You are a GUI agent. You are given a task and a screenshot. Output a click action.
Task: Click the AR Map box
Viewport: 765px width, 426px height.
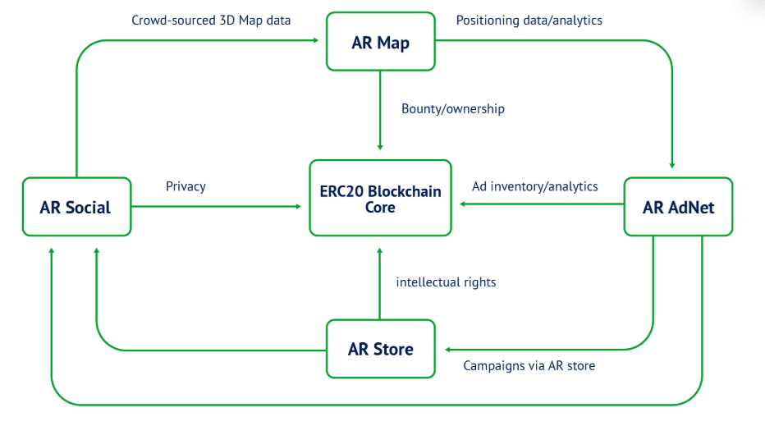pos(381,42)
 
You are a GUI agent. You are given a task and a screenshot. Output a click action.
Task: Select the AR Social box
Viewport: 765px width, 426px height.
pos(76,206)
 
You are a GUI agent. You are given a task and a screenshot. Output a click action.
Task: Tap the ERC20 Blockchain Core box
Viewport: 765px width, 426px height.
pos(381,198)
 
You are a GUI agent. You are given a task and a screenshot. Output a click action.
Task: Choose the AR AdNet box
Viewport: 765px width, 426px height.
pos(678,206)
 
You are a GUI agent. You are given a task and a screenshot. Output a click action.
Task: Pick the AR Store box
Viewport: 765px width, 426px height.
pos(381,349)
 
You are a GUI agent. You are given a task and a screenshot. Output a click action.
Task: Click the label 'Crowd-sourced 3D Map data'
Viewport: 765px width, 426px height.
pos(211,21)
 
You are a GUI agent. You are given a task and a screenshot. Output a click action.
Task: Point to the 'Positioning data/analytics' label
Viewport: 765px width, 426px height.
pos(529,21)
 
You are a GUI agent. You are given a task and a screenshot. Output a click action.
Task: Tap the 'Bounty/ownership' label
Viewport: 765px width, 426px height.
pos(453,108)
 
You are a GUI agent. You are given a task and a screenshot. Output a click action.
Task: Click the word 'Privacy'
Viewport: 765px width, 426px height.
pos(186,186)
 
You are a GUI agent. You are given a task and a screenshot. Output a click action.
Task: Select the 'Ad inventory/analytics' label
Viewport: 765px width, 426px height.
pos(534,186)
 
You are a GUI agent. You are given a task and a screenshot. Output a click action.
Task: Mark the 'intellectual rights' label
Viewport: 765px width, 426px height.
pos(446,282)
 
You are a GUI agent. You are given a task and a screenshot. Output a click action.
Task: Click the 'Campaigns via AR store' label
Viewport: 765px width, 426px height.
pos(529,365)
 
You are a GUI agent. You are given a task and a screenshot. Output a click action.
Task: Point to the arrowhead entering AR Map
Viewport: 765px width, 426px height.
pos(316,40)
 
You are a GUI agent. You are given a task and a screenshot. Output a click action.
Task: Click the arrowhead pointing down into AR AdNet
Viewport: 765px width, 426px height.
pos(672,166)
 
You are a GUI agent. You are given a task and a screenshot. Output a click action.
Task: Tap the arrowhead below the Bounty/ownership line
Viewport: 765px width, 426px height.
pos(380,147)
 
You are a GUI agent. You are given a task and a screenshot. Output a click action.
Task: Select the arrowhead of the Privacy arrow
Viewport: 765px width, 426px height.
pos(299,206)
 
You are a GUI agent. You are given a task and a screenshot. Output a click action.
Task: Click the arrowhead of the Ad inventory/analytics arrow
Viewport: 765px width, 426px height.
pos(462,204)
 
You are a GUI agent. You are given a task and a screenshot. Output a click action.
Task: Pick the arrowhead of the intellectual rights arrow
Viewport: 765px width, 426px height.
pos(379,251)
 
